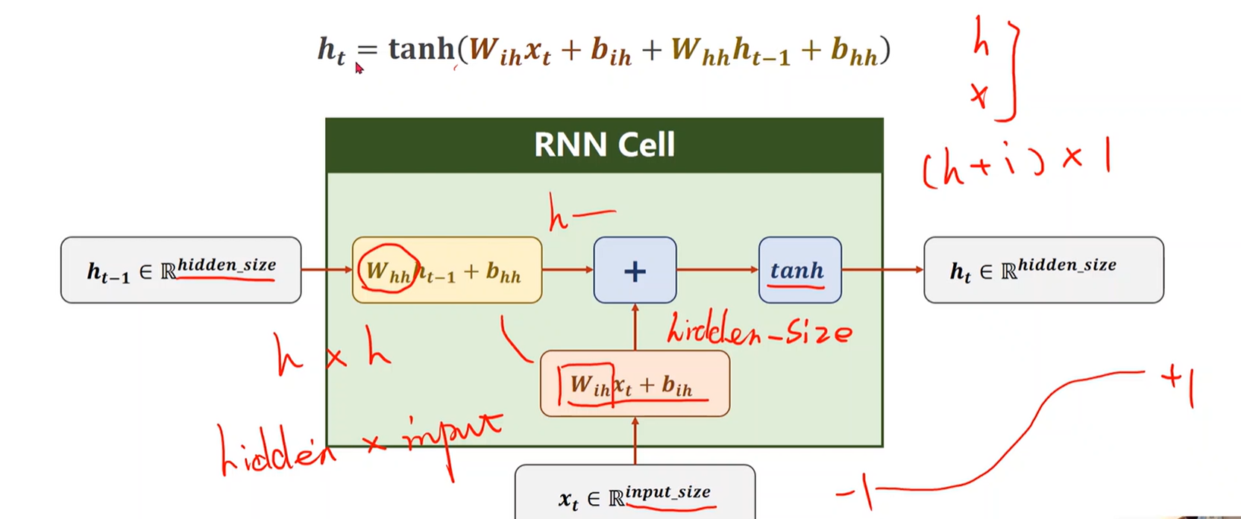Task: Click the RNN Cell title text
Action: tap(604, 144)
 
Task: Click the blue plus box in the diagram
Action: tap(635, 270)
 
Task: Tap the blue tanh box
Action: tap(799, 270)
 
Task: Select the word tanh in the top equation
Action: tap(421, 49)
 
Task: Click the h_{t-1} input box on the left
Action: tap(180, 270)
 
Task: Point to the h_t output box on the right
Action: tap(1043, 270)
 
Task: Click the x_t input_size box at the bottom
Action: tap(635, 494)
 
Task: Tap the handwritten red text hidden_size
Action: tap(758, 330)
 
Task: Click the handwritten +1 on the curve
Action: tap(1179, 384)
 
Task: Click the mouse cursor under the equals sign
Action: tap(359, 68)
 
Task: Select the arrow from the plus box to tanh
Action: tap(717, 270)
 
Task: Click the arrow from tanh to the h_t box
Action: tap(882, 270)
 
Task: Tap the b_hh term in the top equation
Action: tap(854, 51)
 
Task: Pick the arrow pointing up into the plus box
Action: tap(635, 326)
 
